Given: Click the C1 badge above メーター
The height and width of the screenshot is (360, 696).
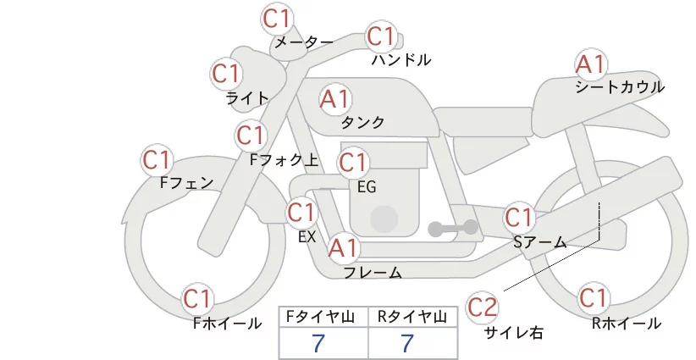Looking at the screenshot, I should [277, 18].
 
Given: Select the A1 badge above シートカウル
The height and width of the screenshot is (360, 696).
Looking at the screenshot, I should [589, 64].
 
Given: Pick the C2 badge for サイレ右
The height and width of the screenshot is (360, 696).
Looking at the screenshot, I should [483, 306].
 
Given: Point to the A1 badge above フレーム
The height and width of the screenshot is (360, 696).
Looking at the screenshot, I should [344, 248].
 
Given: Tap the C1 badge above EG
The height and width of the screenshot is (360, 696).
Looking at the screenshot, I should [353, 161].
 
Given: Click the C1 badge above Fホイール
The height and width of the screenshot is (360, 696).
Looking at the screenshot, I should [198, 299].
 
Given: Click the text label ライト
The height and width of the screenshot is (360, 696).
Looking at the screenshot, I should [247, 98].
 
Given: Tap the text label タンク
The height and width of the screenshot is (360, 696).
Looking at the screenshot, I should [362, 123].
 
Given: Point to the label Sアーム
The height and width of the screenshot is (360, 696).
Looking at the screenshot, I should [539, 242].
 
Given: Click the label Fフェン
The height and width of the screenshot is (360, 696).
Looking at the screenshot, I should [186, 182].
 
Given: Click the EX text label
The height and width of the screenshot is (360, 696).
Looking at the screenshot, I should [307, 237].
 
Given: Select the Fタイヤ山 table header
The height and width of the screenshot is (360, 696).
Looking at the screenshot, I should [323, 317].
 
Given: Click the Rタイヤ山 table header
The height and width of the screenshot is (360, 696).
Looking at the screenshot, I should [412, 317].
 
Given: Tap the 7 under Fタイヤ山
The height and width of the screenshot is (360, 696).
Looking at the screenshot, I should [319, 343].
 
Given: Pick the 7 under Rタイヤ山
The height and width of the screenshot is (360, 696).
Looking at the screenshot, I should [408, 343].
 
